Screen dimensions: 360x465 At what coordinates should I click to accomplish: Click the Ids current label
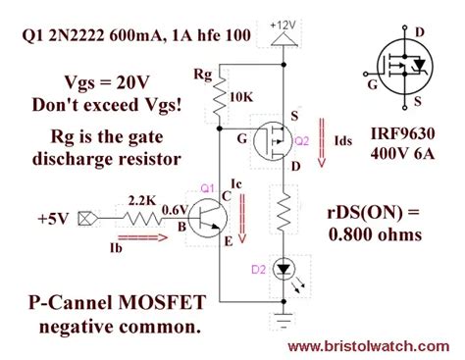tap(342, 142)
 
